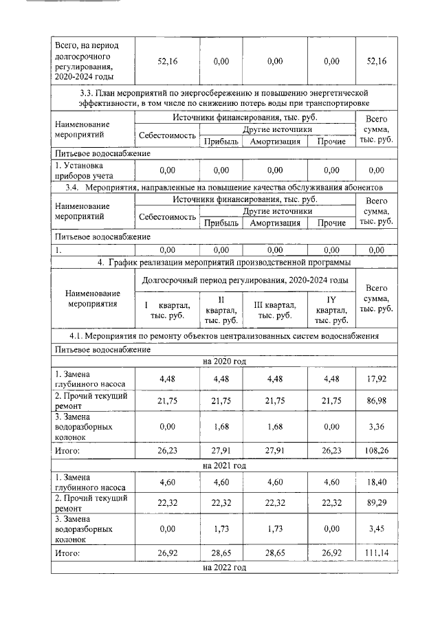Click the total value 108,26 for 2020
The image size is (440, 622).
377,451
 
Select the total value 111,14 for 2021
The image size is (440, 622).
377,553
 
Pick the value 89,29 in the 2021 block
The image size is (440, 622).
377,502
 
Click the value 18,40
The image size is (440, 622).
377,483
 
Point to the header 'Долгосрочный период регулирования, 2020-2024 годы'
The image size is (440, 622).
244,280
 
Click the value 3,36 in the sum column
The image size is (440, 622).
377,426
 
